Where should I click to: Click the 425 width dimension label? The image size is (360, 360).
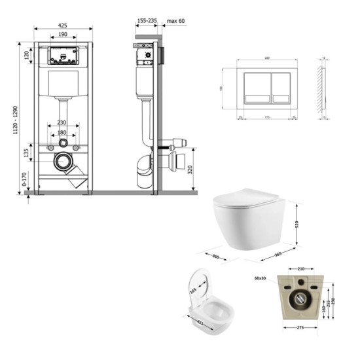(63, 26)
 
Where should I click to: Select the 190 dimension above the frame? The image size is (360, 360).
(63, 35)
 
